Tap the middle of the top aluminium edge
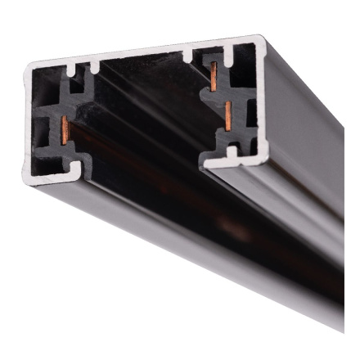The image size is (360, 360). point(143,51)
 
